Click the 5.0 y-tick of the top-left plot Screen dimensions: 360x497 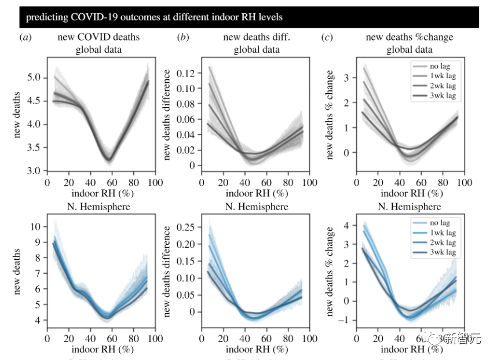pyautogui.click(x=34, y=78)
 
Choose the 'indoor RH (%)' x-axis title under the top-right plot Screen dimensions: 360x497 pyautogui.click(x=409, y=192)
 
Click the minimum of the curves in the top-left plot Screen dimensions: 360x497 pyautogui.click(x=108, y=159)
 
